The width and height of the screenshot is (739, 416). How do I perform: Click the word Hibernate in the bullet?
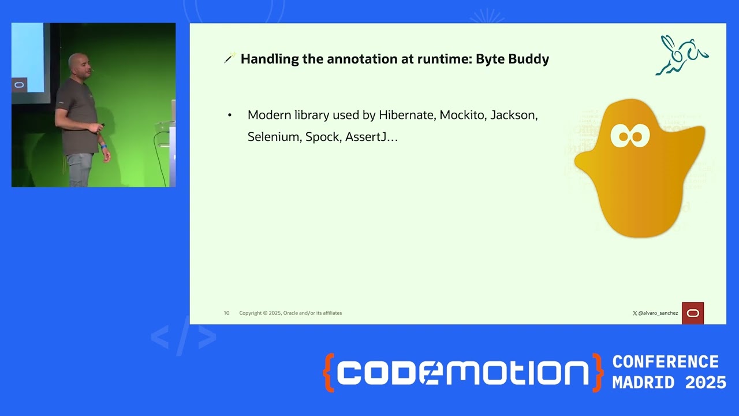406,115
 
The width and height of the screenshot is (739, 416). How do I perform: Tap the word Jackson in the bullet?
514,115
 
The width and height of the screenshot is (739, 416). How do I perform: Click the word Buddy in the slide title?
528,59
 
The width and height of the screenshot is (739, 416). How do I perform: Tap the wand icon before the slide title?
229,58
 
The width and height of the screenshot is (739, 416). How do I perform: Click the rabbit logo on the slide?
682,55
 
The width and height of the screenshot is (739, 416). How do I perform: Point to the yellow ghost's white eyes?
630,136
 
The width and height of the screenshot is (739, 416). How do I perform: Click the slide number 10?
226,313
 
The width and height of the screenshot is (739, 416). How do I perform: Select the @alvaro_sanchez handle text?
658,313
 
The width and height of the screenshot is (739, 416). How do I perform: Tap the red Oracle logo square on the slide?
693,313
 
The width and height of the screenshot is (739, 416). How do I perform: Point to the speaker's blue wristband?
104,147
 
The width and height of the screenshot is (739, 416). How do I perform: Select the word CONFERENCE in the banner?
665,362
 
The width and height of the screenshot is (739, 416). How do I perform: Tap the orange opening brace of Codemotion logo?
329,373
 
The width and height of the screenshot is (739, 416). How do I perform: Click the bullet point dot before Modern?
230,116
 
